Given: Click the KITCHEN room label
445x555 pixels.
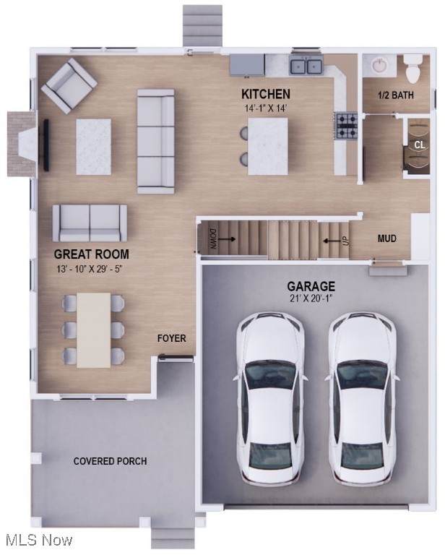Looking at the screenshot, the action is pos(266,94).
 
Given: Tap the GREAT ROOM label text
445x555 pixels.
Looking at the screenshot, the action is pos(91,254).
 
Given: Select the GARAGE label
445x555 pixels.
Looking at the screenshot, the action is pos(311,286).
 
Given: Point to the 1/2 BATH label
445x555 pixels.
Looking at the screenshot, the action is pos(396,95).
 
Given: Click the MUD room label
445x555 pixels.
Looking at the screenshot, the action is pos(387,238).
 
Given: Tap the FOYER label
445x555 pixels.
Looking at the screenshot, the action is pos(171,338).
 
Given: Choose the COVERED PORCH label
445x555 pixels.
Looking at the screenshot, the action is pos(110,461).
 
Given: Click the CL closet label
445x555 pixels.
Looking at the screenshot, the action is pos(420,145).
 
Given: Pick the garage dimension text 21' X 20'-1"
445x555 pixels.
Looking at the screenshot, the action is pos(311,298).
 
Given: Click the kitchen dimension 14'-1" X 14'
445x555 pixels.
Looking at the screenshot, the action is pos(266,108).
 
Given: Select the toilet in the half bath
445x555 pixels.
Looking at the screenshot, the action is pos(413,69).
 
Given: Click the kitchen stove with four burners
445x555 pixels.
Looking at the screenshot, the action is pos(347,126).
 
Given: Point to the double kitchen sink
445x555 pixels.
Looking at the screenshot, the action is pos(306,66).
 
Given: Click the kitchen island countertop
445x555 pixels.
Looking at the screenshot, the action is pos(268,146).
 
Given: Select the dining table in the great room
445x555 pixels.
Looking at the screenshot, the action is pos(94,330).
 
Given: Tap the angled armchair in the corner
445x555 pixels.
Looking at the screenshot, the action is pos(69,86).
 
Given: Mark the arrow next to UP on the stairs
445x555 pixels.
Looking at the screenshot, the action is pos(330,241).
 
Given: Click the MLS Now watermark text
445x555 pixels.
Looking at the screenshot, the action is pos(39,540).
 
